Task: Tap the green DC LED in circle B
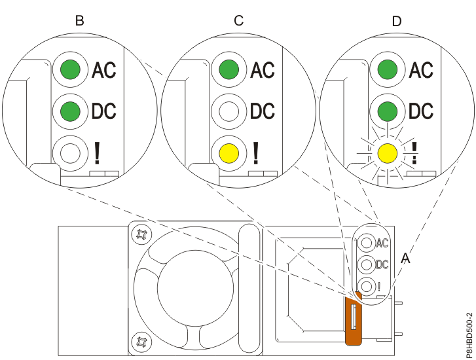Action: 70,111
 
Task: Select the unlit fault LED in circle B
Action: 70,153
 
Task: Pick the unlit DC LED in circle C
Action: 229,111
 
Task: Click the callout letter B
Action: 79,20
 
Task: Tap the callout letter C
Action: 238,20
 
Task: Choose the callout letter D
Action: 397,20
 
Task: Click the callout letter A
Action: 405,259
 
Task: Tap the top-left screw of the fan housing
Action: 139,234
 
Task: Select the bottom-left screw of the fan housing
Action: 139,340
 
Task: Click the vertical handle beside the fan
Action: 249,288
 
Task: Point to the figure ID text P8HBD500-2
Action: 467,324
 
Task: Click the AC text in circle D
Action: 421,69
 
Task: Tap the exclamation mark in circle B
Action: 97,153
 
